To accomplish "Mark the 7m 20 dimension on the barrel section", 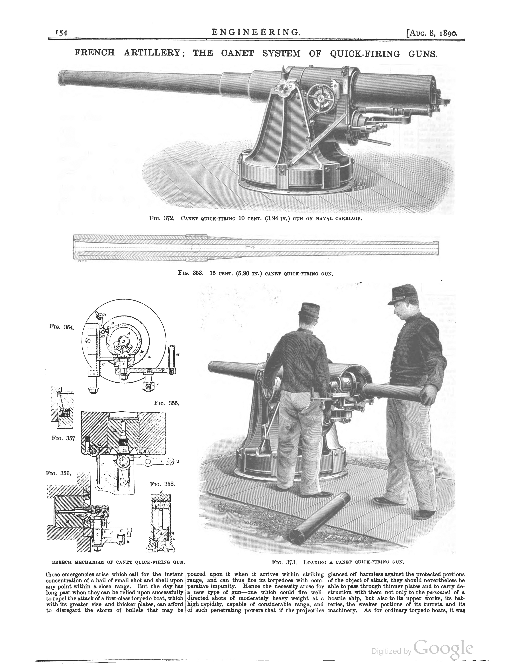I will pos(250,247).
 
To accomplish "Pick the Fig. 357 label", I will pos(64,438).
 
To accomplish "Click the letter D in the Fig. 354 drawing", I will pos(124,341).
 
